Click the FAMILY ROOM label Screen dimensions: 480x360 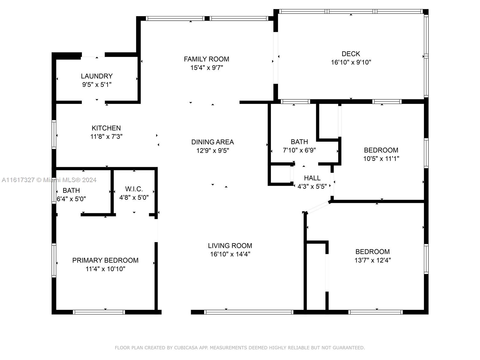point(206,59)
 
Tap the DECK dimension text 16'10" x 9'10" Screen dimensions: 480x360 point(351,62)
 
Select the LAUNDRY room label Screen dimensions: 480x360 point(97,76)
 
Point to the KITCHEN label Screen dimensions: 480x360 point(106,128)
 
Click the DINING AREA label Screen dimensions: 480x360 point(213,142)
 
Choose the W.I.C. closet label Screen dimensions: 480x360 point(134,189)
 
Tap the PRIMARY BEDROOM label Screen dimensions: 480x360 point(105,260)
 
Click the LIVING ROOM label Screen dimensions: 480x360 point(230,246)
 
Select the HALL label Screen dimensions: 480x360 point(312,178)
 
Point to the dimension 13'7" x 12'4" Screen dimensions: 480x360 point(373,260)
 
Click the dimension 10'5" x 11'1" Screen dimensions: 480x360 point(381,158)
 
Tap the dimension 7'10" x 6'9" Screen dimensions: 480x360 point(299,150)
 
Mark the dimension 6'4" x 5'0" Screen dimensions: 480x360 point(71,199)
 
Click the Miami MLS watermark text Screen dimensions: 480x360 point(49,180)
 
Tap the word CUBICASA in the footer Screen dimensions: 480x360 point(186,348)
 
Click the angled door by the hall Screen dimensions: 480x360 point(317,207)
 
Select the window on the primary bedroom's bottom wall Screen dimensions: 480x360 point(99,312)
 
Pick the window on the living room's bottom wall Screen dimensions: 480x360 point(249,312)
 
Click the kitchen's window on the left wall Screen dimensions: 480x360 point(54,134)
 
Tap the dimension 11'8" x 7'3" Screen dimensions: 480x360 point(106,136)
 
